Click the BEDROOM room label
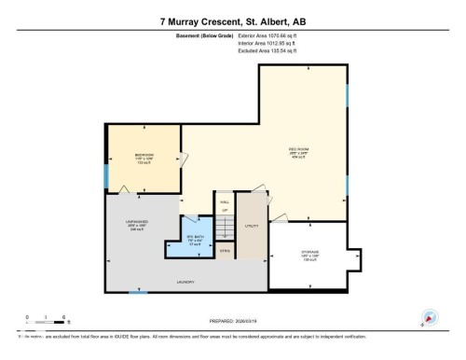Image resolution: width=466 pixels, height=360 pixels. pyautogui.click(x=144, y=155)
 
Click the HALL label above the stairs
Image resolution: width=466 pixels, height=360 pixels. pyautogui.click(x=224, y=201)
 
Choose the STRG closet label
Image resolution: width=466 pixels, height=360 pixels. pyautogui.click(x=225, y=250)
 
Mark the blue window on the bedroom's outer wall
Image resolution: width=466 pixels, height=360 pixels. pyautogui.click(x=105, y=174)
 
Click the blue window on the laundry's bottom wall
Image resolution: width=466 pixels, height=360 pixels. pyautogui.click(x=137, y=292)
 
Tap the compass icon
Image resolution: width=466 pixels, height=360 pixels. pyautogui.click(x=430, y=317)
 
